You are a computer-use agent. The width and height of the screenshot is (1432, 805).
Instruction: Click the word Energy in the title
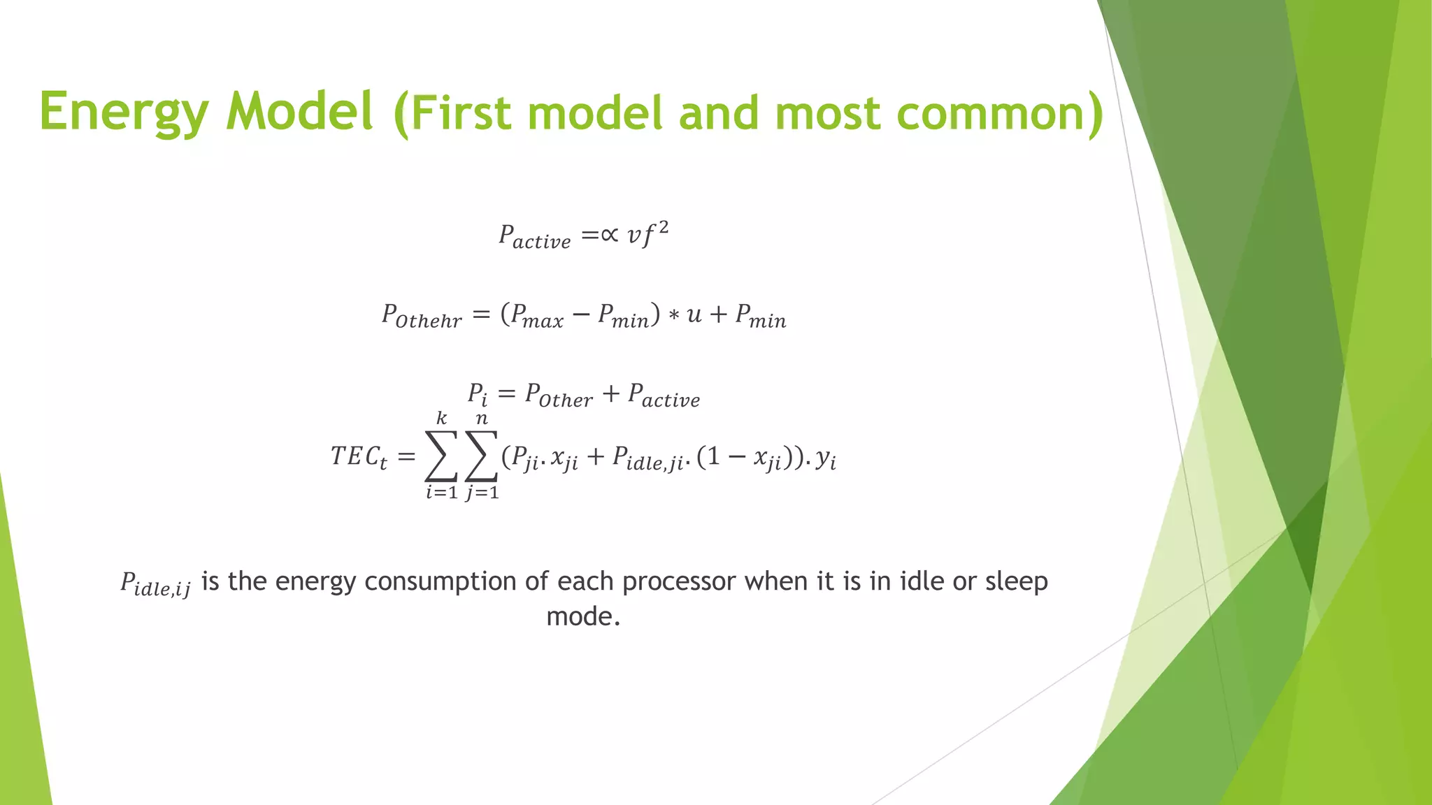click(x=124, y=112)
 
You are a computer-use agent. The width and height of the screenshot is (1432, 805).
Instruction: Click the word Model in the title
click(x=299, y=112)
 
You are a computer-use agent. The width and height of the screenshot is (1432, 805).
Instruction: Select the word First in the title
click(x=461, y=113)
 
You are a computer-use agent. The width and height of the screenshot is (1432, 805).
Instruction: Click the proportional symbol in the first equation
click(x=610, y=235)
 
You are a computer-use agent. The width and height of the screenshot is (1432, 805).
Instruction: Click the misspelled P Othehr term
click(x=422, y=315)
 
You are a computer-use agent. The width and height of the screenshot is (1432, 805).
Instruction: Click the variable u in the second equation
click(x=694, y=315)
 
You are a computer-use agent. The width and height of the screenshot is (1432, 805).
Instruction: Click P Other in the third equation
click(x=558, y=395)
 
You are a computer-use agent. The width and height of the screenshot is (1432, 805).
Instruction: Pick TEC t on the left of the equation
click(x=358, y=457)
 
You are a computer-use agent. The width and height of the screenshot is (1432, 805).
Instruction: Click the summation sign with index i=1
click(x=441, y=456)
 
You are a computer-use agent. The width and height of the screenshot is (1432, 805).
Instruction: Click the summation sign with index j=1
click(x=482, y=456)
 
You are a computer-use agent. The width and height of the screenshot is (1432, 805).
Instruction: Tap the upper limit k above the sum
click(x=441, y=418)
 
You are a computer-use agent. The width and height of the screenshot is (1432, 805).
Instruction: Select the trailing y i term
click(x=826, y=458)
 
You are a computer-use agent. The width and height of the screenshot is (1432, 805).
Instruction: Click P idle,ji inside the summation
click(x=647, y=458)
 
